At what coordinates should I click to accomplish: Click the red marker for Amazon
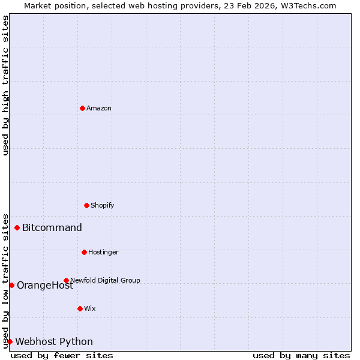[x=82, y=108]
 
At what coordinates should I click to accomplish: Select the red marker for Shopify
[x=86, y=205]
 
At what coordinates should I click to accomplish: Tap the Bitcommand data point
[x=17, y=227]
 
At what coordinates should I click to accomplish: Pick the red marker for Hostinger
[x=84, y=252]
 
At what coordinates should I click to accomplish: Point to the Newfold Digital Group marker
[x=66, y=280]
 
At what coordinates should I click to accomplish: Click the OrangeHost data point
[x=11, y=285]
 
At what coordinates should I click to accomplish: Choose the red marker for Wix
[x=80, y=308]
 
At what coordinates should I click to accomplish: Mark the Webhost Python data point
[x=10, y=341]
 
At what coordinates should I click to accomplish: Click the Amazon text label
[x=99, y=108]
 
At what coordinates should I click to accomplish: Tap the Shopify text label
[x=103, y=205]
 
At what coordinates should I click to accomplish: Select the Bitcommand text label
[x=52, y=227]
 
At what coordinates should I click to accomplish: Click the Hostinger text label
[x=103, y=252]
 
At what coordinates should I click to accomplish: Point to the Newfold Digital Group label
[x=105, y=280]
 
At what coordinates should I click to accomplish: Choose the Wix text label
[x=90, y=308]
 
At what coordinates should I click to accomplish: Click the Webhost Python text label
[x=54, y=341]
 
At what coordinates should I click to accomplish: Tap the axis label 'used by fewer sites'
[x=62, y=355]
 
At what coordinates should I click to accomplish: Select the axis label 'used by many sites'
[x=301, y=355]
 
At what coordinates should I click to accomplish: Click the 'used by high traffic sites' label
[x=6, y=85]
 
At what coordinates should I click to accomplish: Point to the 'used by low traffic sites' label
[x=6, y=280]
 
